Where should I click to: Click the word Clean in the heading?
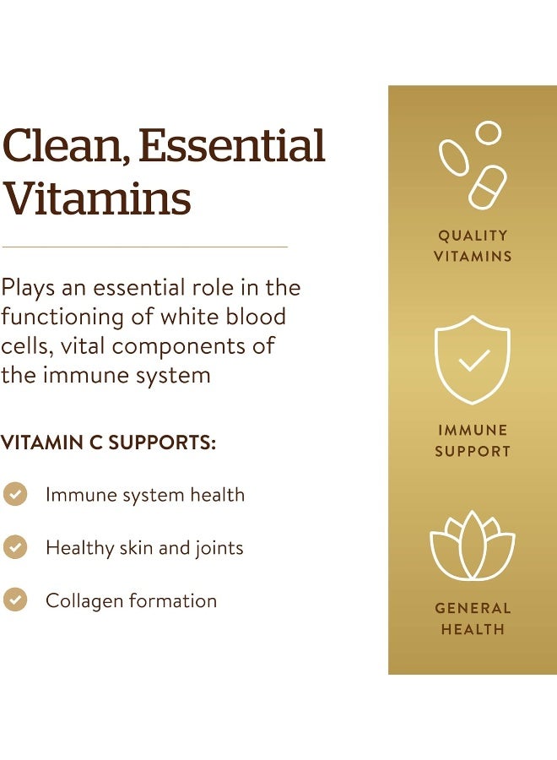click(63, 145)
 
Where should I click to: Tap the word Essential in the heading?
click(232, 145)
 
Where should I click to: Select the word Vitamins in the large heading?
click(95, 198)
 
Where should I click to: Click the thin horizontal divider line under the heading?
click(144, 247)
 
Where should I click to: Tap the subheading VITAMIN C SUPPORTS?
click(108, 443)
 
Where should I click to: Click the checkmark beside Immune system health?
click(15, 494)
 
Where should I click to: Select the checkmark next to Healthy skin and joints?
click(15, 547)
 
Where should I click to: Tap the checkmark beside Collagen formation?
click(15, 600)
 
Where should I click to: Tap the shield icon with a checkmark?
click(473, 359)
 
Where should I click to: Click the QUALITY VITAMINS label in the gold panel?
click(473, 246)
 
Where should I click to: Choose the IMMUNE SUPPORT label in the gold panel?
click(473, 441)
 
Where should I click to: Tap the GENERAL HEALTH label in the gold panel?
click(473, 618)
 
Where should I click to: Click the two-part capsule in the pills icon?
click(488, 187)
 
